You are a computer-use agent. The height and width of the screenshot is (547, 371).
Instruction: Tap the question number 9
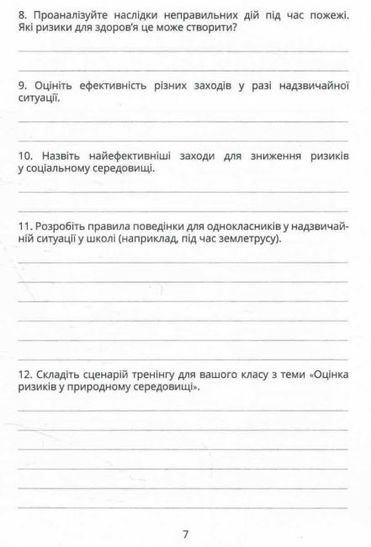tap(23, 86)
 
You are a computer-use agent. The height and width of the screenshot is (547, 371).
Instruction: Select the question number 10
tap(25, 157)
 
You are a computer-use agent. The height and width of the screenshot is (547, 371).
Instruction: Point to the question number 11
tap(24, 227)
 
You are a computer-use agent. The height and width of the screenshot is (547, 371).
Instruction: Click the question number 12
tap(25, 374)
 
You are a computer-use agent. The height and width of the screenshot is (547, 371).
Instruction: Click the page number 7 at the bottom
tap(185, 534)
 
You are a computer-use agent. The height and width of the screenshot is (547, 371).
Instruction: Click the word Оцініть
tap(53, 86)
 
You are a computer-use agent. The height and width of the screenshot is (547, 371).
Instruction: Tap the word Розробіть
tap(61, 227)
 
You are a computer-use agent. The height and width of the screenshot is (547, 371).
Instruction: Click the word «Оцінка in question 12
tap(321, 374)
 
